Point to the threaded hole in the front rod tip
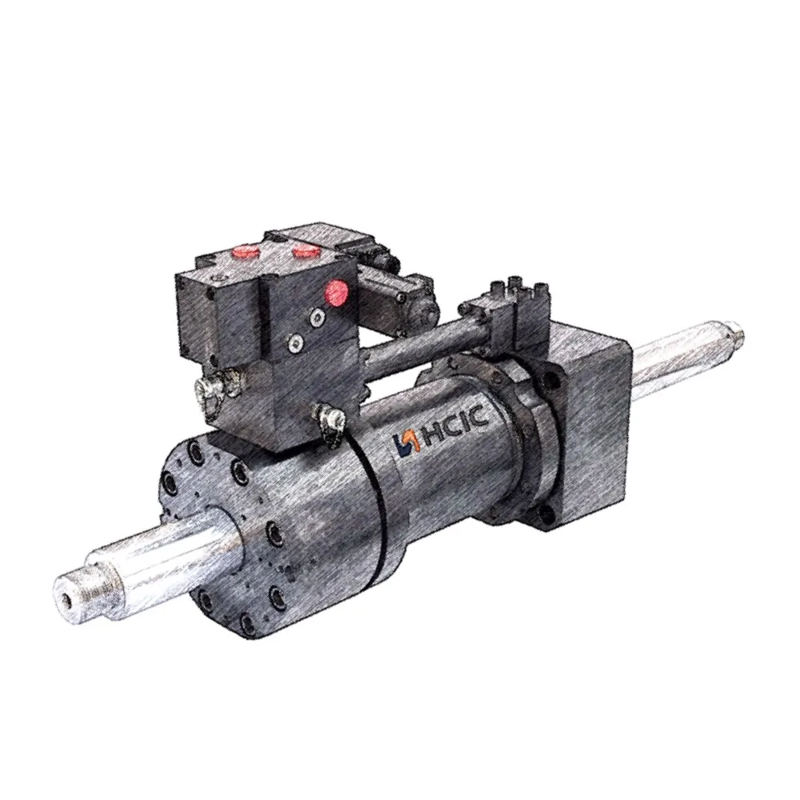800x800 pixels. (x=62, y=596)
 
